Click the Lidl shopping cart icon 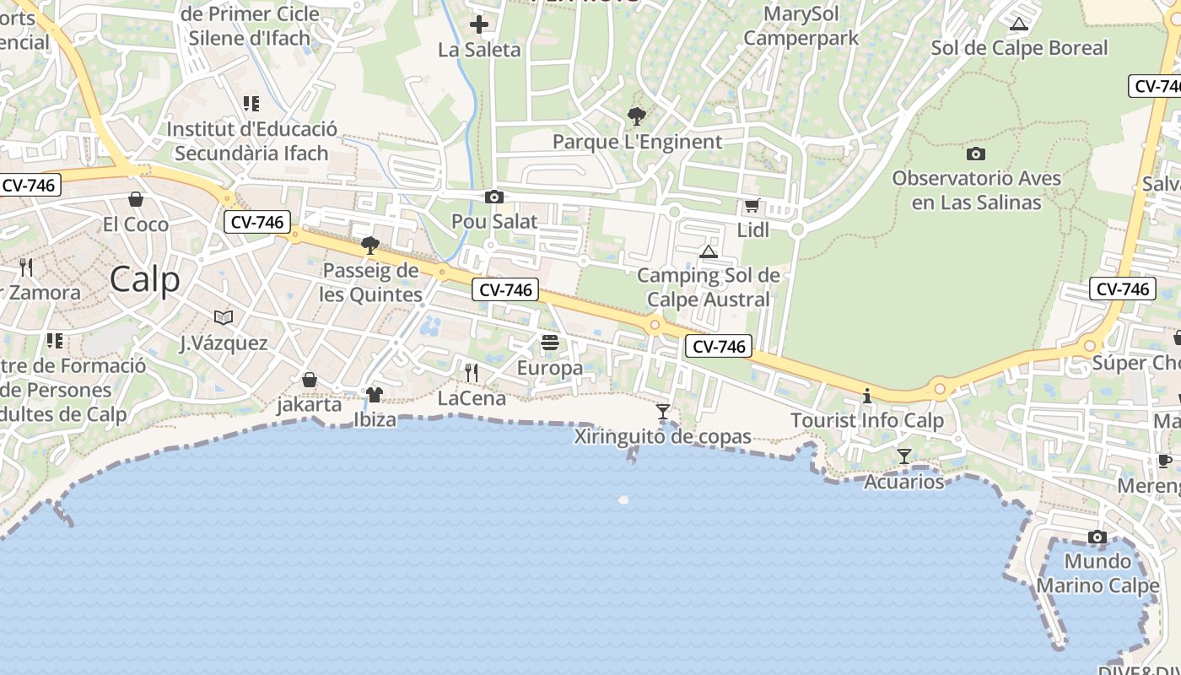coord(752,205)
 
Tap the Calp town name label coord(144,279)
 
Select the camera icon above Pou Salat coord(494,197)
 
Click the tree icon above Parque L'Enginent coord(637,116)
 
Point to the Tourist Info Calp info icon coord(866,396)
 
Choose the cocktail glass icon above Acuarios coord(904,456)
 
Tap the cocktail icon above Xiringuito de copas coord(663,412)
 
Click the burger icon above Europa coord(550,343)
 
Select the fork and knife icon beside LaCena coord(472,372)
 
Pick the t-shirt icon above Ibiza coord(375,394)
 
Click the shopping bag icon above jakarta coord(310,380)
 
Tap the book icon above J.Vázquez coord(224,317)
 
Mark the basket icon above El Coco coord(136,199)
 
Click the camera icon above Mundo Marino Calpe coord(1097,537)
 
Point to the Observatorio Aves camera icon coord(976,154)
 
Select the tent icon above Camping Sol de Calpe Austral coord(709,251)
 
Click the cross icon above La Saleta coord(479,24)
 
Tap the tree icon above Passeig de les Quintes coord(369,246)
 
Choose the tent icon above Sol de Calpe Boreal coord(1019,24)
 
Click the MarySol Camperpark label coord(801,26)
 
